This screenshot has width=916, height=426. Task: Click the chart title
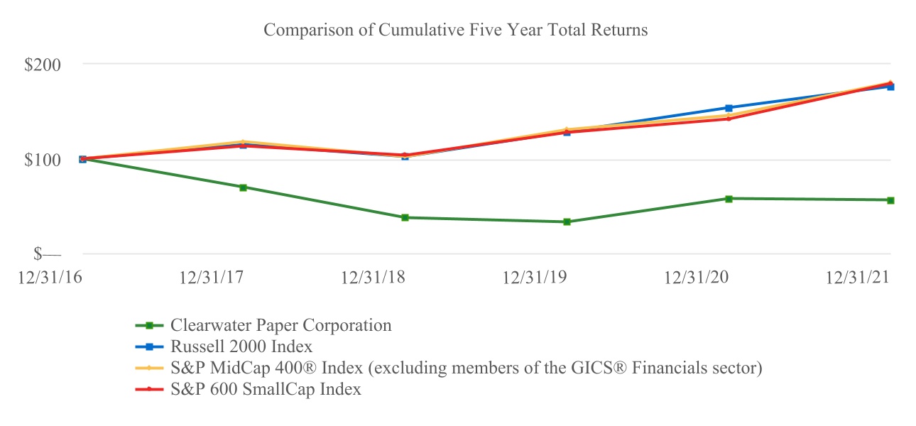click(455, 30)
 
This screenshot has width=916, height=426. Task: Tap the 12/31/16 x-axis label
click(50, 278)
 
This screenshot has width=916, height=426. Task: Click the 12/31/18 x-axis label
click(374, 278)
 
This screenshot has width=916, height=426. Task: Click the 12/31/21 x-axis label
click(858, 278)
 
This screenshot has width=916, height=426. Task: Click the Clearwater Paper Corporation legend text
click(280, 326)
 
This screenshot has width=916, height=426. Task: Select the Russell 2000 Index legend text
click(241, 347)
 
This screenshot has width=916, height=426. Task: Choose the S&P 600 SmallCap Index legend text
click(266, 390)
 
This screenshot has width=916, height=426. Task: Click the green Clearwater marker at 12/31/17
click(243, 187)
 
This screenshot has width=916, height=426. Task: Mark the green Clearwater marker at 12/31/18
click(405, 217)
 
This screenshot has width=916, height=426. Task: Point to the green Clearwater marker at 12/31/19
click(567, 222)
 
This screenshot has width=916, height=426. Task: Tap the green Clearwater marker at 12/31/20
click(729, 198)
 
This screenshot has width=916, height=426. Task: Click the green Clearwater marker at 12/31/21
click(890, 200)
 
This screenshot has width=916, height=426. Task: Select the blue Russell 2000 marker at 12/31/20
click(729, 108)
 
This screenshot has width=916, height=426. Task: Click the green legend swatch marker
click(150, 326)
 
